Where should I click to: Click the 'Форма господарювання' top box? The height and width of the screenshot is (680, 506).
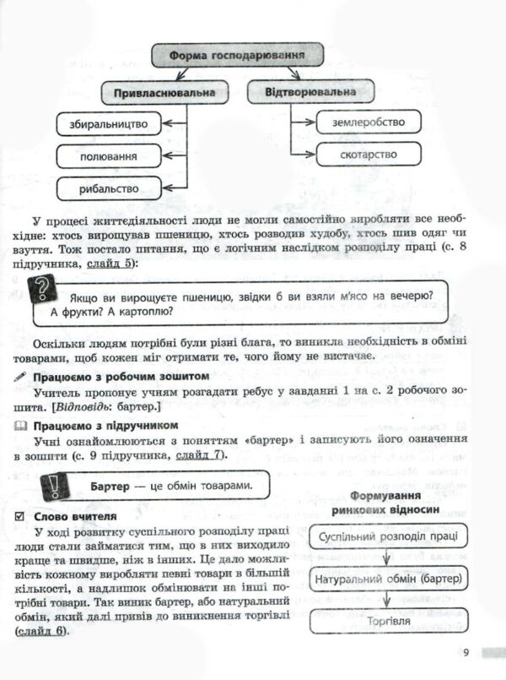(x=237, y=56)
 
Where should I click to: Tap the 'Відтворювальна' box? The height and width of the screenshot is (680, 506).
(x=309, y=90)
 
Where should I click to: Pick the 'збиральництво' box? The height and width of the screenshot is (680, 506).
(x=110, y=124)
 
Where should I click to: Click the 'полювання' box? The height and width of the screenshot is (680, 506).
(x=110, y=156)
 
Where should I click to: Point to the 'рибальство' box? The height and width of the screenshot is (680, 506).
(x=110, y=188)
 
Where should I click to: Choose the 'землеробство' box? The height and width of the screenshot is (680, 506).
(x=367, y=122)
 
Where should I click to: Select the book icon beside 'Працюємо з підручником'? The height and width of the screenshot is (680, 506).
(x=21, y=424)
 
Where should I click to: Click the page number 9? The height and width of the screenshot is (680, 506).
(x=465, y=651)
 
